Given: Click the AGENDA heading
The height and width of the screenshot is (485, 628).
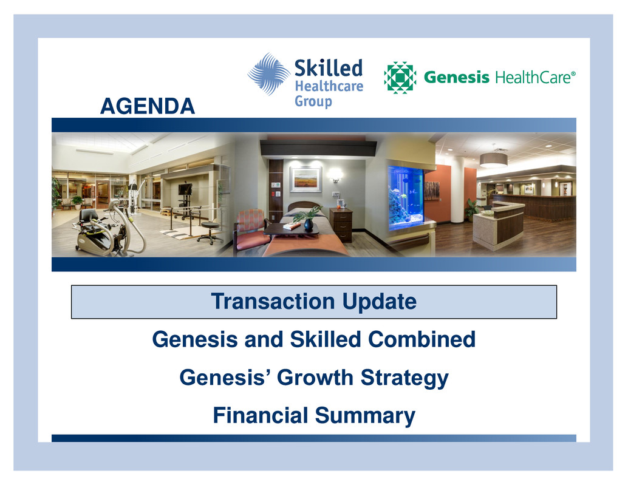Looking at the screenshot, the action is click(148, 106).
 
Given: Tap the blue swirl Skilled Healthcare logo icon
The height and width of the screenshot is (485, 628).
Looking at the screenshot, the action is click(268, 74).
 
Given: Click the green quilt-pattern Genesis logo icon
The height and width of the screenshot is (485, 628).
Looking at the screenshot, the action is click(400, 77).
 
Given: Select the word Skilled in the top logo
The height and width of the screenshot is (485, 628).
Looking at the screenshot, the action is click(329, 67).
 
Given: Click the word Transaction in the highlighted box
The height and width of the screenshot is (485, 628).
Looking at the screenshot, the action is click(273, 301).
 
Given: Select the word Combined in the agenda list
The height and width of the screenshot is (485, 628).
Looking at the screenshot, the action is click(422, 339).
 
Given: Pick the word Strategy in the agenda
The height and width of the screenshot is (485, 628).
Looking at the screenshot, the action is click(404, 378).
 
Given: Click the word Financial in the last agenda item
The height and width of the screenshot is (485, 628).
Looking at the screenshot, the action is click(261, 415).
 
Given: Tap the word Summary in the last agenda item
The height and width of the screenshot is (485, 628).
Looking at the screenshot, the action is click(365, 416).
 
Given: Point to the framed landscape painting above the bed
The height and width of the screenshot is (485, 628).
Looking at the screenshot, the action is click(306, 180).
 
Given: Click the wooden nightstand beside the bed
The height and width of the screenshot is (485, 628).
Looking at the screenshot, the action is click(341, 225).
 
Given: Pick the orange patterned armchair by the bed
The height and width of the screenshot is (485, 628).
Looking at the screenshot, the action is click(251, 231).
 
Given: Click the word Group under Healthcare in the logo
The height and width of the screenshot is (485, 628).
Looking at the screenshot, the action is click(313, 101).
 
